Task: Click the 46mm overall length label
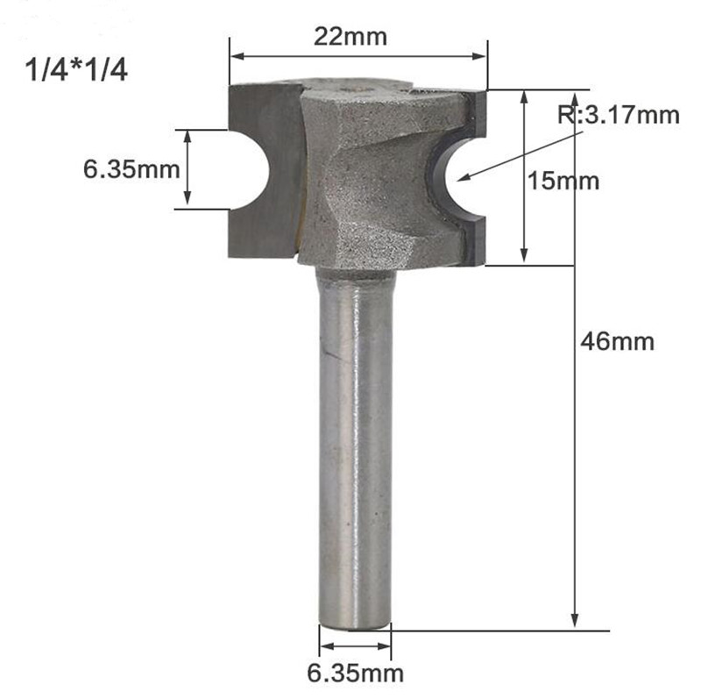[x=618, y=341]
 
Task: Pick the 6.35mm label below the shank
[x=356, y=674]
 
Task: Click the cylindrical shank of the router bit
[x=354, y=439]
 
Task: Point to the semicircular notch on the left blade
[x=249, y=169]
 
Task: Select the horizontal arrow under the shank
[x=354, y=647]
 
